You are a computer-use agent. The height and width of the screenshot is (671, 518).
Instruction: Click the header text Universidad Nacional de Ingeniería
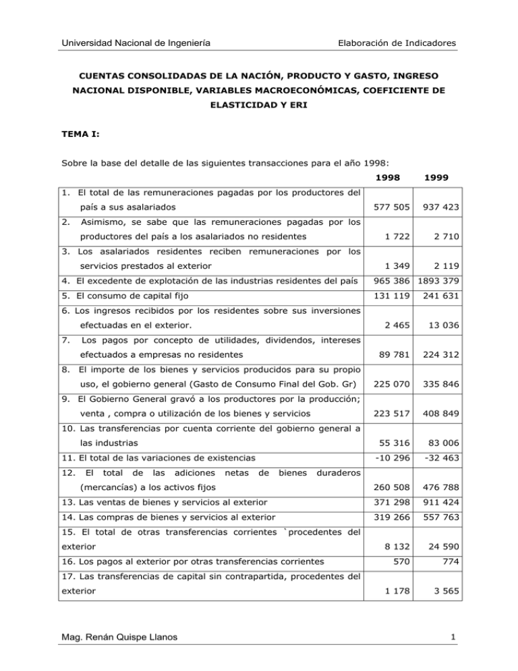tap(133, 44)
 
